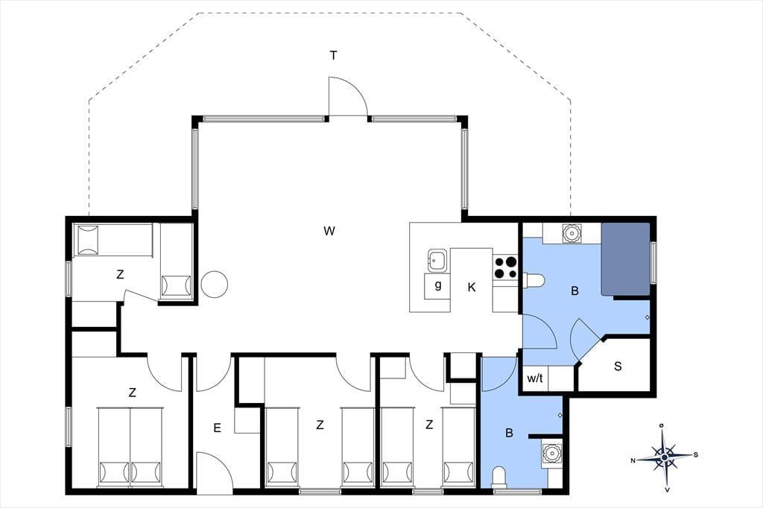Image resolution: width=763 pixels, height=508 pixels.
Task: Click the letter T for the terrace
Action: (333, 56)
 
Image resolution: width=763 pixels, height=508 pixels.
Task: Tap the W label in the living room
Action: (329, 231)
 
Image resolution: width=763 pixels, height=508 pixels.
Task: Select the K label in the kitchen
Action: (471, 288)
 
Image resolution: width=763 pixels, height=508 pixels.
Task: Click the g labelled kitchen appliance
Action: (438, 285)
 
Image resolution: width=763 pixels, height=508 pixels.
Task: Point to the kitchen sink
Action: (437, 260)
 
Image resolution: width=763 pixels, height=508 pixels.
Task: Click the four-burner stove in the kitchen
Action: (505, 267)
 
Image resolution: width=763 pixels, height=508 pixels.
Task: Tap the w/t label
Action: (535, 378)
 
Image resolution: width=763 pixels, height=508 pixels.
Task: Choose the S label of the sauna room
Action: (618, 366)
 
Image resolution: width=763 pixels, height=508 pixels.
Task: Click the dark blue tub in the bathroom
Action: (626, 259)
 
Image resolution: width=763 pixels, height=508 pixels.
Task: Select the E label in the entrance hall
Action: (217, 428)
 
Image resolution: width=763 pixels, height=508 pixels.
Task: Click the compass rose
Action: (664, 457)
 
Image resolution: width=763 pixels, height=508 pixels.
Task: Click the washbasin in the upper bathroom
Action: (570, 234)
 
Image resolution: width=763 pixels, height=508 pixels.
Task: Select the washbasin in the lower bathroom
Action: (552, 453)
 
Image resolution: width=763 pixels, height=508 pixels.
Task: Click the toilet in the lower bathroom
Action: (499, 477)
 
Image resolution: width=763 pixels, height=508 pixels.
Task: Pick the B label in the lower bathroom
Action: (509, 433)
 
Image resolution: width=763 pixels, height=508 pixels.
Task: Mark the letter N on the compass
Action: (633, 460)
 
